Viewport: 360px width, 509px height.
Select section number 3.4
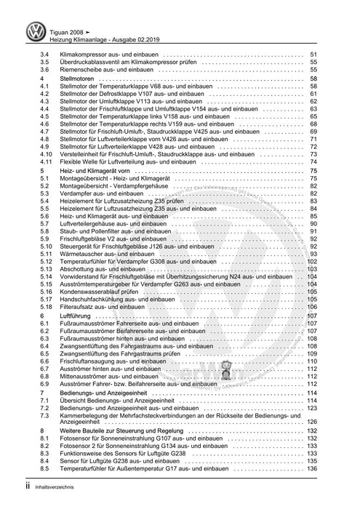coord(44,55)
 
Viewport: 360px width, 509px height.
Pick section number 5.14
coord(47,276)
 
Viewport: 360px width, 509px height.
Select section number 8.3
coord(44,468)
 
